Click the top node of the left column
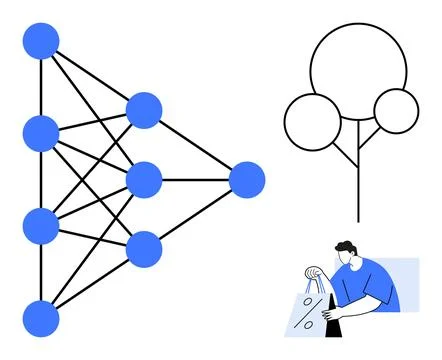click(x=41, y=41)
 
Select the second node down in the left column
click(x=41, y=132)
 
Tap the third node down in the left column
click(x=41, y=225)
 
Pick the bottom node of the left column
click(x=41, y=317)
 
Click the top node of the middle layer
click(x=144, y=110)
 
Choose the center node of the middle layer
click(x=144, y=180)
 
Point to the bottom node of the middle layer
click(x=144, y=248)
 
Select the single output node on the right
click(x=246, y=180)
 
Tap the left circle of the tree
click(x=313, y=122)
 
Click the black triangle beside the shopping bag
click(x=339, y=326)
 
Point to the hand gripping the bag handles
click(x=317, y=273)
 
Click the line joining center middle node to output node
click(x=195, y=180)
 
